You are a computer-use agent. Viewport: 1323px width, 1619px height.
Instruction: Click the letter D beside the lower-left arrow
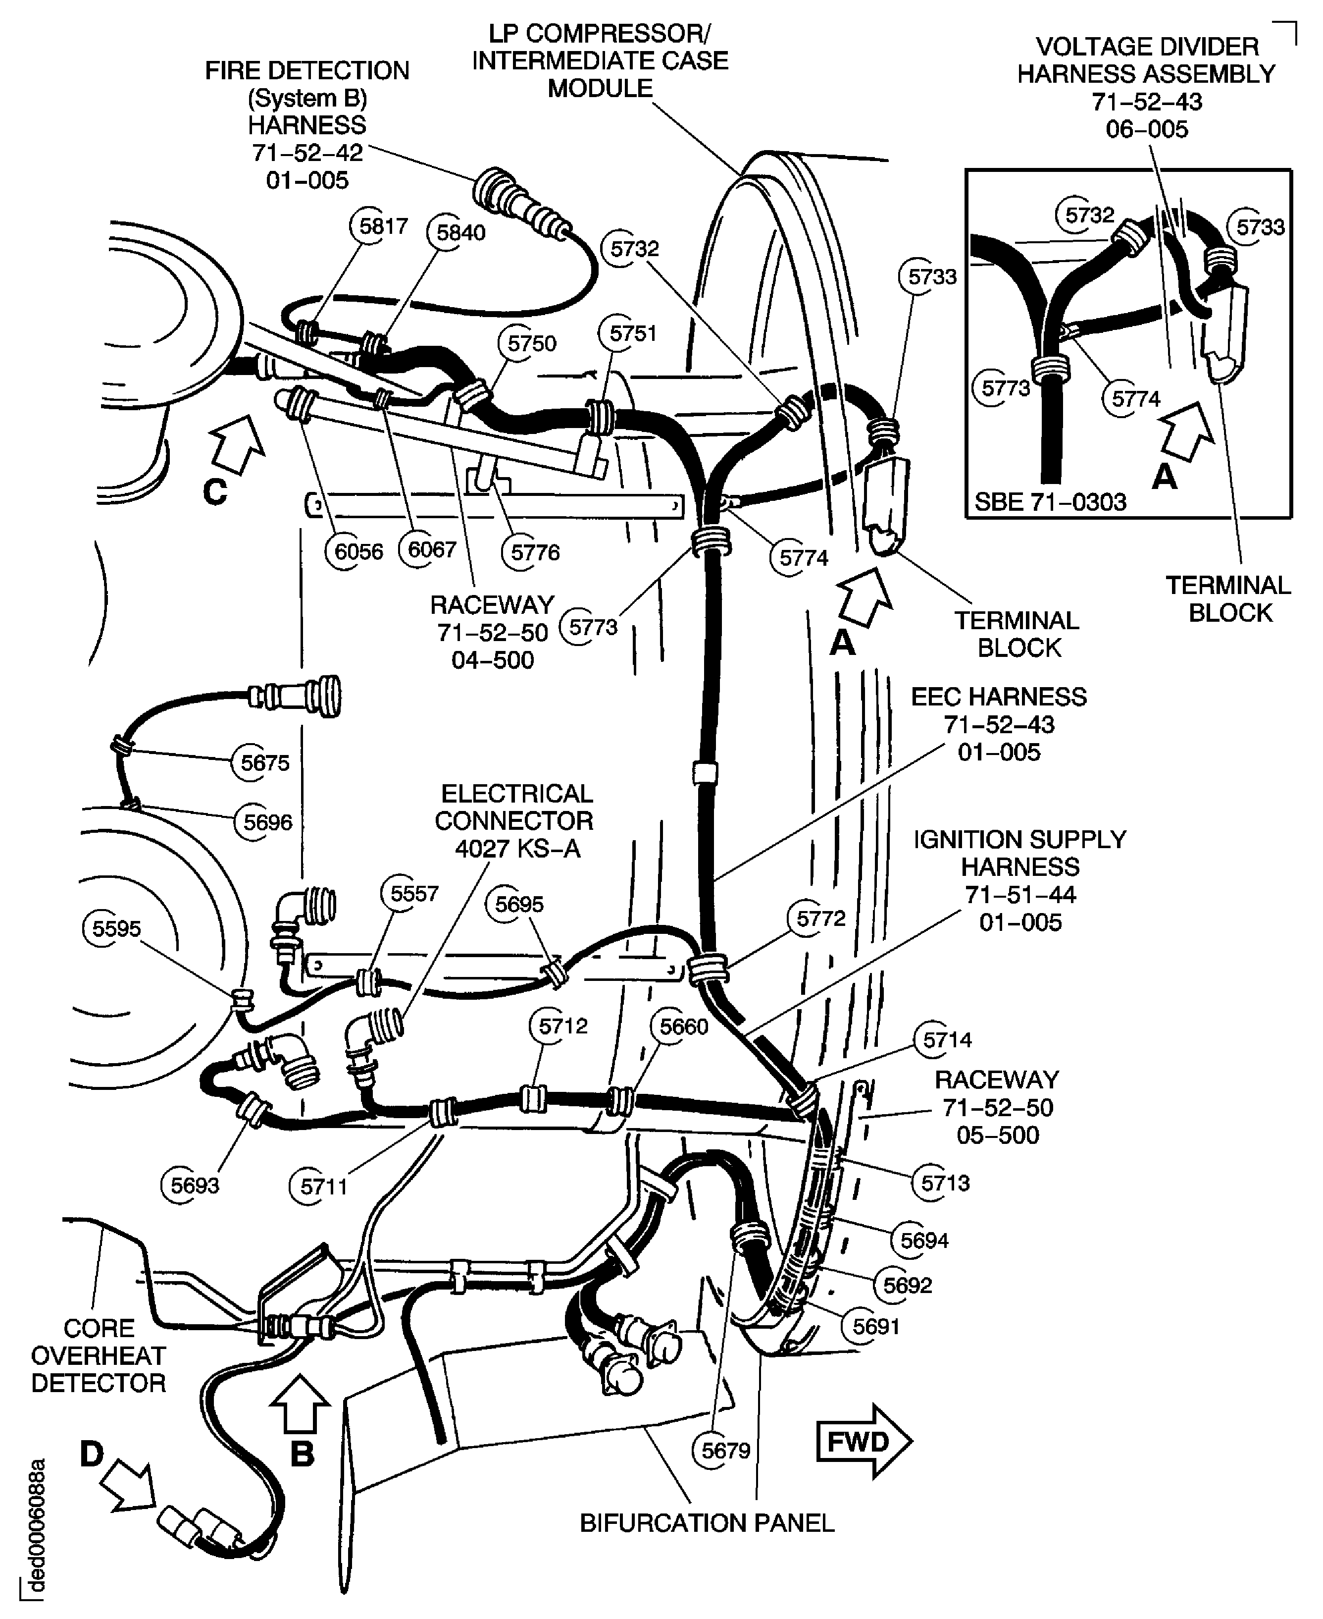coord(92,1455)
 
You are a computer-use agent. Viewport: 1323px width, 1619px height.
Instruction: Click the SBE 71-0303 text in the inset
coord(1050,502)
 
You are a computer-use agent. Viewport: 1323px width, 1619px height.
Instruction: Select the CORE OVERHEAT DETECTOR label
coord(99,1355)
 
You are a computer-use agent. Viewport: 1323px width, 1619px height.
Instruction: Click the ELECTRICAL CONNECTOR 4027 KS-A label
coord(516,820)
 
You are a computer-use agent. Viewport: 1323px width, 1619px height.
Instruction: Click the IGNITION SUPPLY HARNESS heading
coord(1019,853)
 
